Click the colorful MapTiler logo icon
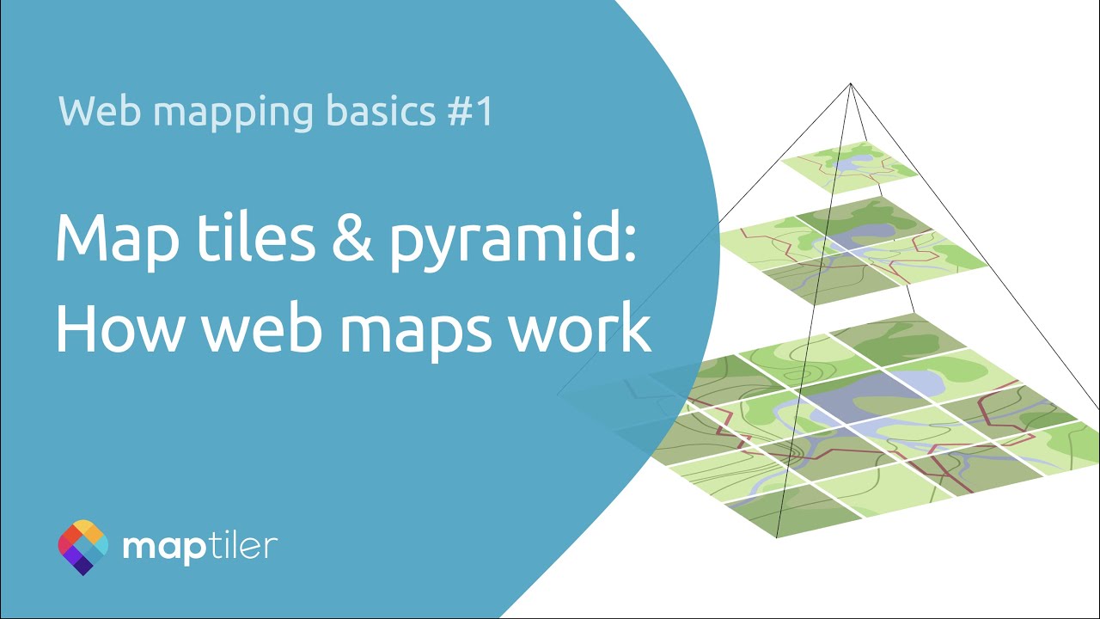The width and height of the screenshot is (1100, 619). point(83,547)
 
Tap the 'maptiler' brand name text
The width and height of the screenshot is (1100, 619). point(200,547)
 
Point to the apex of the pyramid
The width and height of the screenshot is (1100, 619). point(851,83)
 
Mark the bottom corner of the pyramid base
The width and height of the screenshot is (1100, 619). point(777,538)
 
